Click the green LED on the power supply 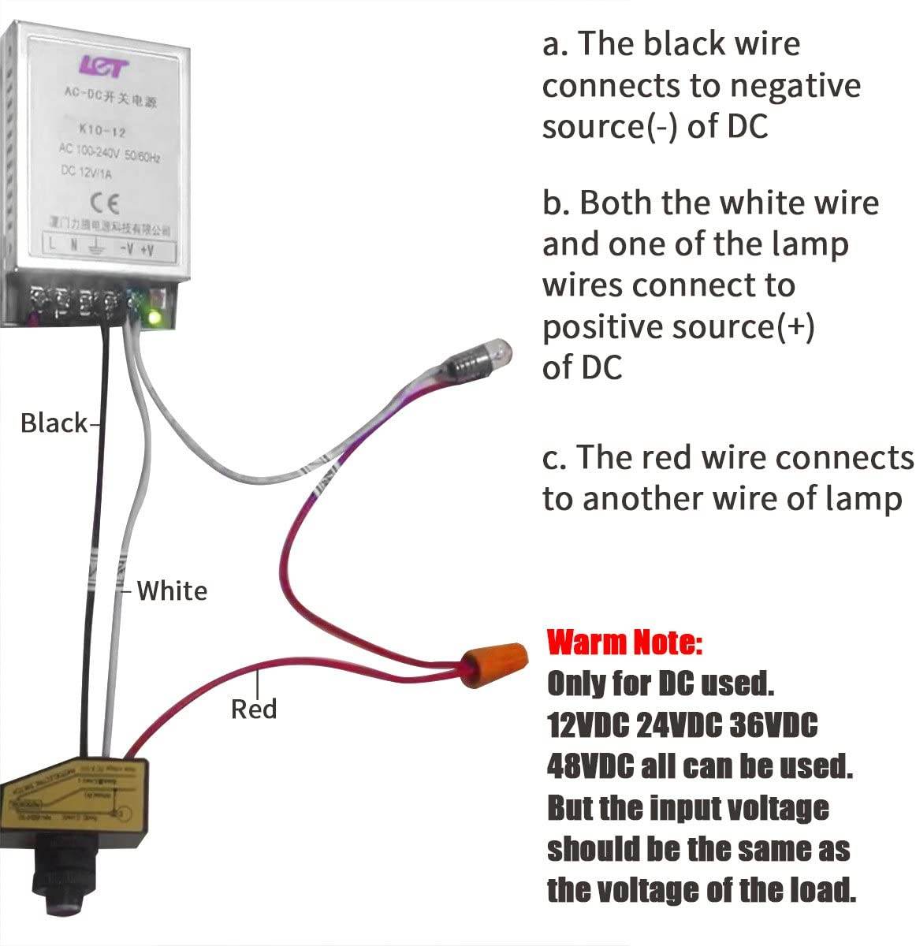coord(154,318)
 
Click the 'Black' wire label coord(54,423)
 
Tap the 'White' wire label coord(172,590)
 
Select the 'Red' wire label coord(254,709)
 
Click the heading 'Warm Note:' coord(624,642)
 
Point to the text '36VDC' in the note coord(773,724)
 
